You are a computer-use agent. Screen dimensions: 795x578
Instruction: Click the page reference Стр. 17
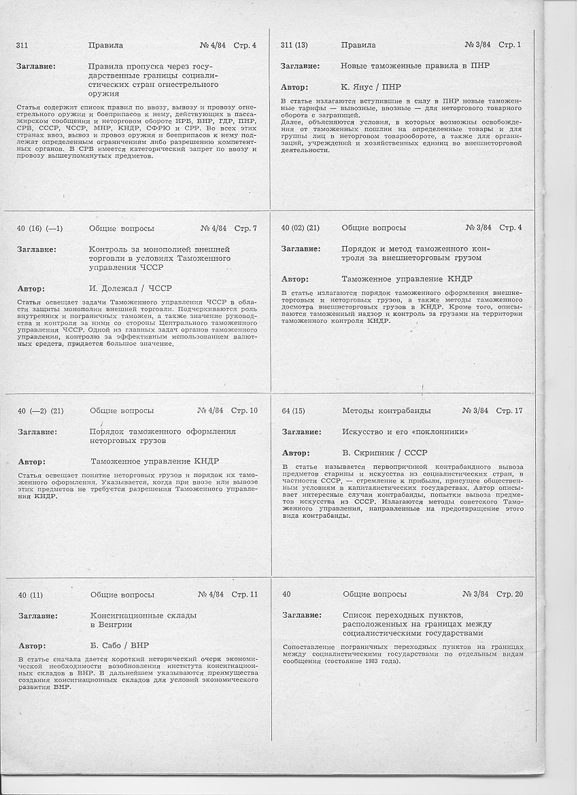point(509,411)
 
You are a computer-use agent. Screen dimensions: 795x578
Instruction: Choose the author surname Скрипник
point(377,453)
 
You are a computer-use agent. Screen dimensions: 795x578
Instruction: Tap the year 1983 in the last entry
point(366,661)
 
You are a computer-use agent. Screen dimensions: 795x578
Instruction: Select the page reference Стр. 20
point(510,595)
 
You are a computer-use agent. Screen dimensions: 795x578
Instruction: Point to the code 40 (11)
point(31,595)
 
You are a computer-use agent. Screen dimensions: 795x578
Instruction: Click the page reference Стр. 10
point(244,411)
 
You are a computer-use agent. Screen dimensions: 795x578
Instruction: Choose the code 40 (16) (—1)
point(40,228)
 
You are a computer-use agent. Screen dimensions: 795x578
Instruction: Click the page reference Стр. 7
point(245,228)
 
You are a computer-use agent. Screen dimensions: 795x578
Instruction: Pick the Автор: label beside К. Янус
point(294,87)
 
